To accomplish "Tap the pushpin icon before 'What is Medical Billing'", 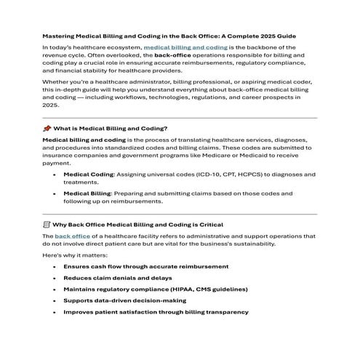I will pyautogui.click(x=47, y=128).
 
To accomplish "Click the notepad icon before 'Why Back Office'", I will pyautogui.click(x=47, y=225).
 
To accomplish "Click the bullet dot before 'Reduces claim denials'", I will pyautogui.click(x=55, y=277).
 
